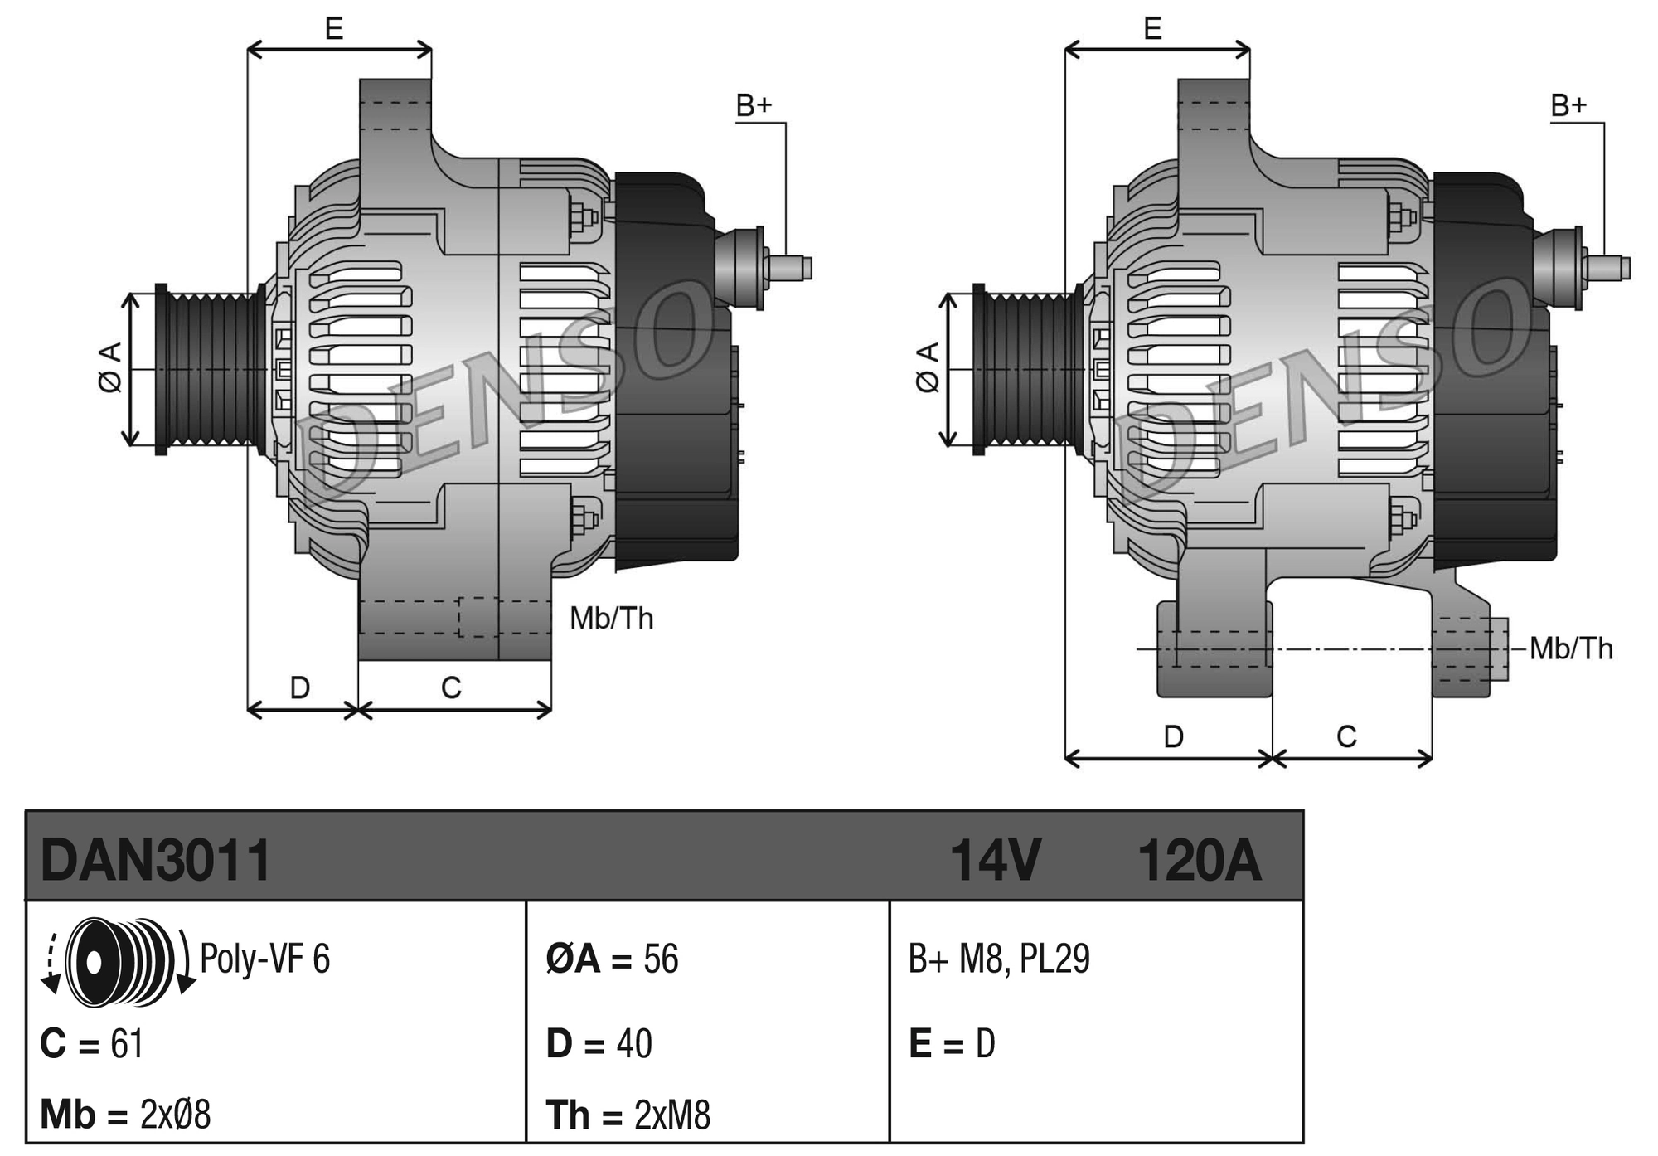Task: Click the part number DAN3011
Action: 156,860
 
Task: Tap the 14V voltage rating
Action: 995,860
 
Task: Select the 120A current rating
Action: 1199,860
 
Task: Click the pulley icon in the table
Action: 120,962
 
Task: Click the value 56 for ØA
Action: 661,959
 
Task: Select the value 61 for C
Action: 127,1043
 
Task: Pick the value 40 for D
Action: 634,1043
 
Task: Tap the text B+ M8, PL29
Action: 999,959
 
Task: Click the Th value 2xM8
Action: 672,1115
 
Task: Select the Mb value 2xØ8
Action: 175,1115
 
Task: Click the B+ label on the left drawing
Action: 754,105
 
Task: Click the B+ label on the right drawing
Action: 1568,105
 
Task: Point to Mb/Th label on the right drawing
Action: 1571,648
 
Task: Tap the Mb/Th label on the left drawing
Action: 612,618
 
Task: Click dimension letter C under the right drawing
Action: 1346,736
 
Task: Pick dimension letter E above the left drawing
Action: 334,29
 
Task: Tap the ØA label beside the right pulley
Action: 928,367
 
